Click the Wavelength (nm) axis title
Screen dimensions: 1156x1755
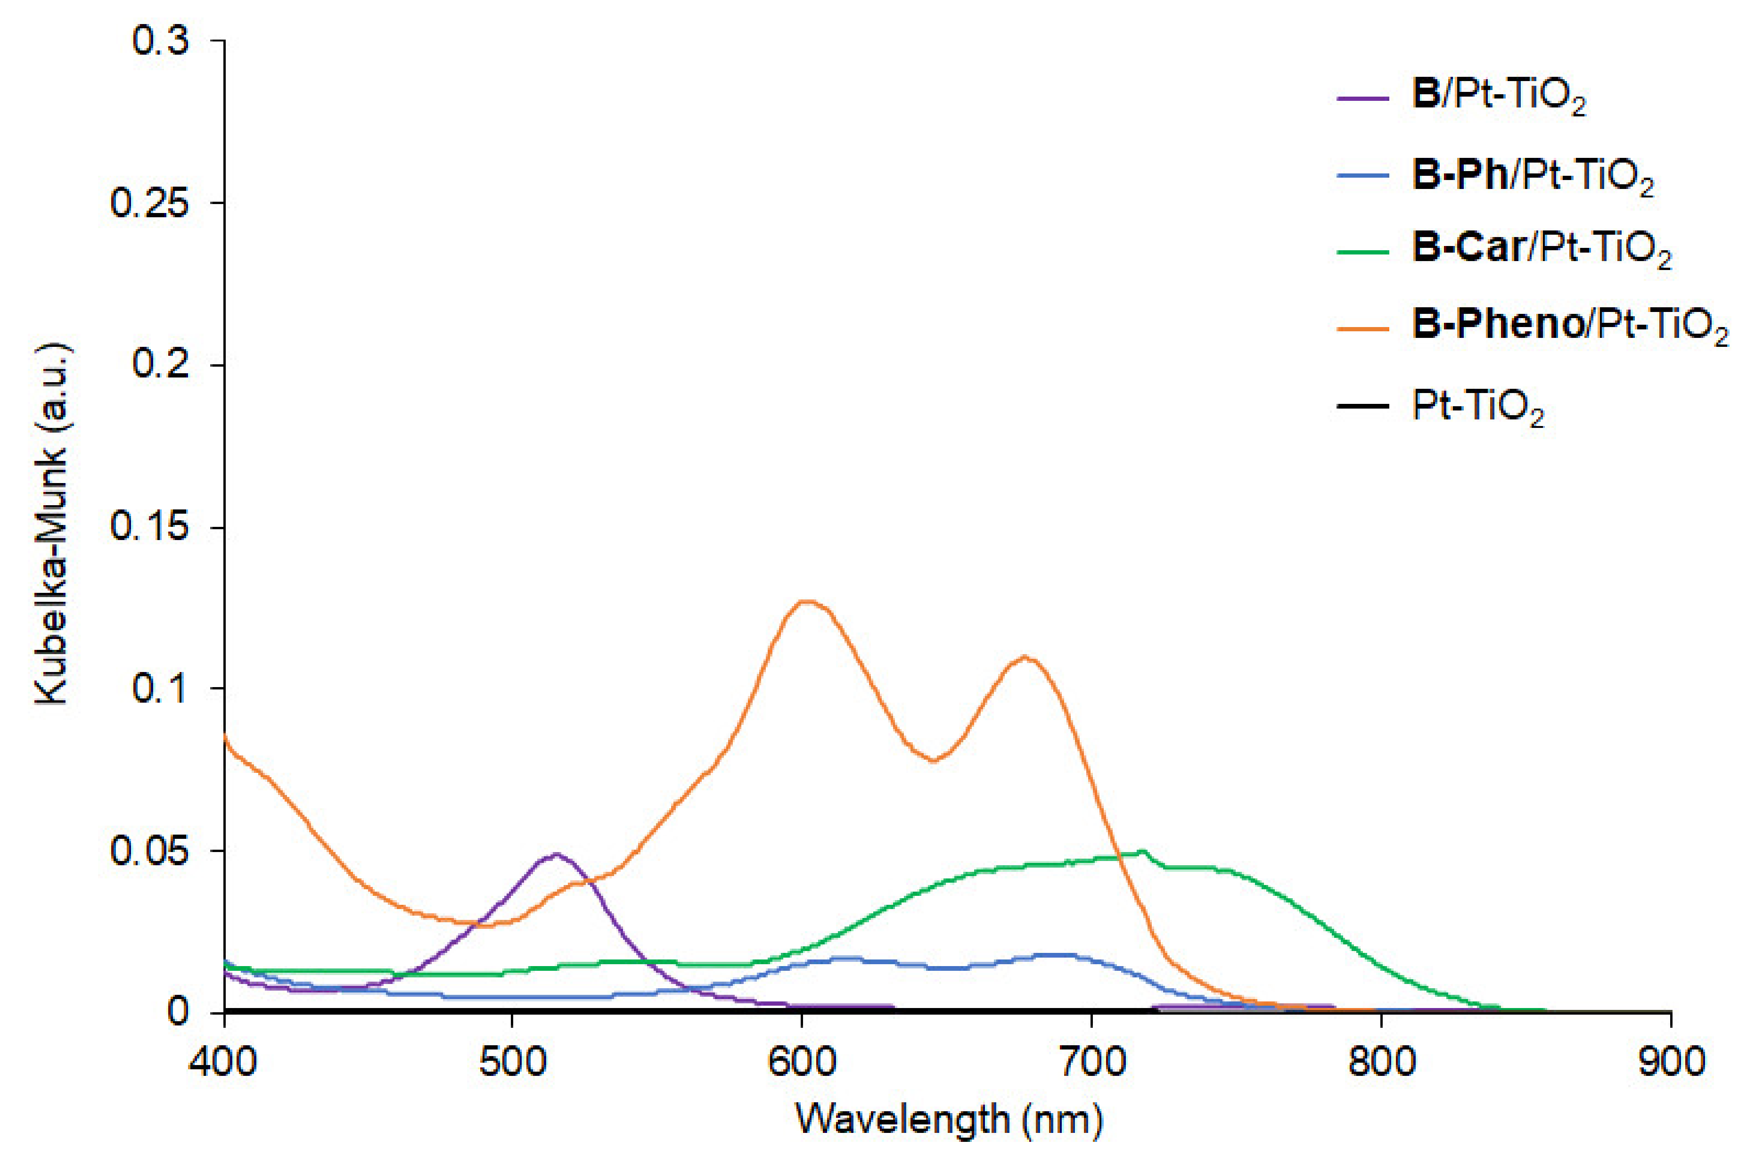tap(949, 1120)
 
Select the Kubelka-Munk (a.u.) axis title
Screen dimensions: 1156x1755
tap(52, 525)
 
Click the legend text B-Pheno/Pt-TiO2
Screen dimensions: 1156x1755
tap(1569, 325)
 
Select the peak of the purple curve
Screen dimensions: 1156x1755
tap(556, 854)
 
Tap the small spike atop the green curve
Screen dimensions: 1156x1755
tap(1143, 852)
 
